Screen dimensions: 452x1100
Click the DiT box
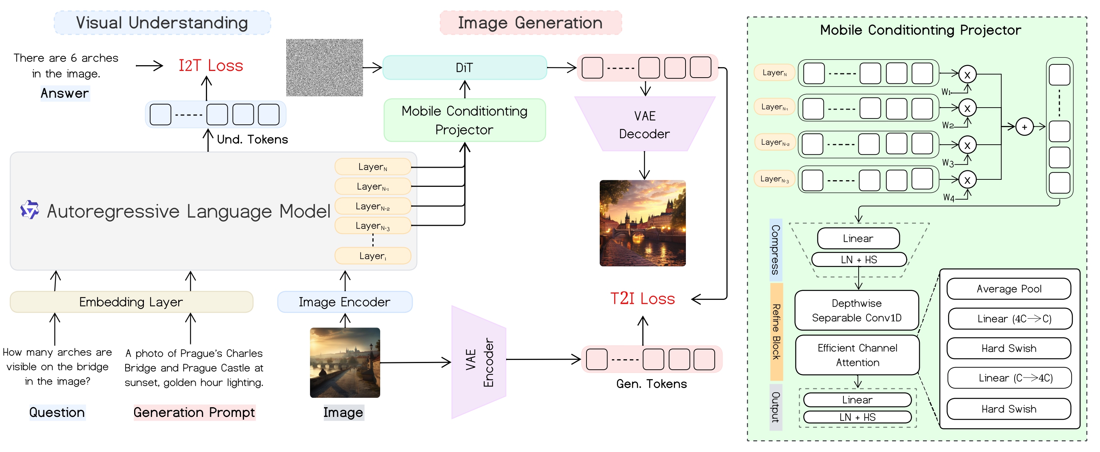[464, 67]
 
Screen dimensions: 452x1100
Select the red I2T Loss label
[211, 66]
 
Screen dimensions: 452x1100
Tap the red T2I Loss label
[642, 299]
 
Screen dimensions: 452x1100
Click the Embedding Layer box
[131, 302]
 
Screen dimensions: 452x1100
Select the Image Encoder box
[344, 302]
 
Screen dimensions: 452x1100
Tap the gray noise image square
[324, 67]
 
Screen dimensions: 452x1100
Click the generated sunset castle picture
[642, 223]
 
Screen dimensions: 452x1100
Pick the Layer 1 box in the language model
[372, 256]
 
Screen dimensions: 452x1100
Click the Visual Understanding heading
[162, 23]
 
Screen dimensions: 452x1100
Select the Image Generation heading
[530, 23]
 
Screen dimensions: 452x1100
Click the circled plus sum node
[1024, 127]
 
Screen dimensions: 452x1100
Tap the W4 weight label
[948, 197]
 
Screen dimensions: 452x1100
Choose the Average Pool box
[1008, 289]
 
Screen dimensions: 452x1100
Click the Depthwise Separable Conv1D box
[856, 310]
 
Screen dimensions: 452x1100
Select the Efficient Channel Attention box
[857, 355]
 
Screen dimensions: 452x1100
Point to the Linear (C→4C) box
[1009, 378]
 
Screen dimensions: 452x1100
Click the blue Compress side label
[776, 250]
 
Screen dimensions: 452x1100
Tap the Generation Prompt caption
[194, 412]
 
